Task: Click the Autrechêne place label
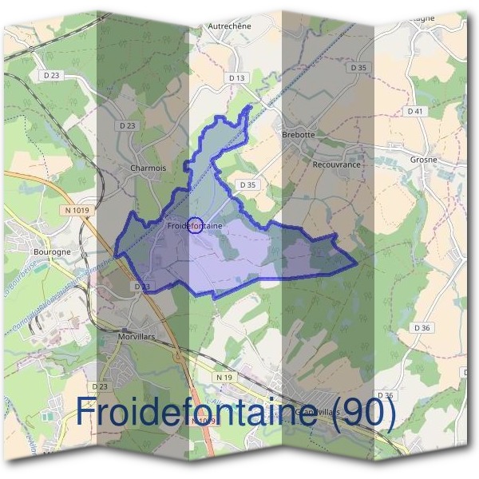[x=229, y=26]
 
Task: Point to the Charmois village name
[x=148, y=168]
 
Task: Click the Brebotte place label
[x=299, y=135]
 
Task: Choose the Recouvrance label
[x=337, y=164]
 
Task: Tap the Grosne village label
[x=423, y=160]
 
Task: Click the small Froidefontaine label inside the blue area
[x=194, y=226]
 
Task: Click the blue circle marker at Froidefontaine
[x=196, y=225]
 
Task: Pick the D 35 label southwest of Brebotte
[x=247, y=184]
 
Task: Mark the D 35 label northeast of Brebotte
[x=358, y=68]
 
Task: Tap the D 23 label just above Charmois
[x=128, y=125]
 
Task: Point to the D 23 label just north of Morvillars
[x=142, y=286]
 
